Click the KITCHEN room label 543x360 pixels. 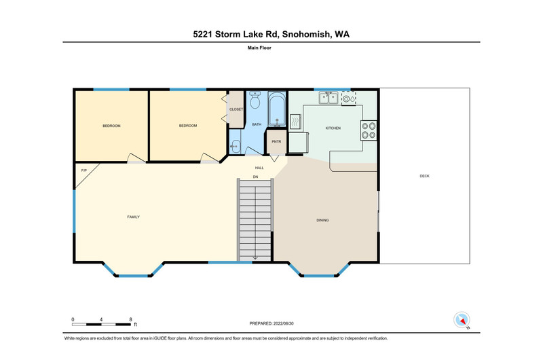[x=333, y=128]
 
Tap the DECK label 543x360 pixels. [x=424, y=176]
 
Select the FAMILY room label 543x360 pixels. [x=133, y=217]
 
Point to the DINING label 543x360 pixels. [x=322, y=220]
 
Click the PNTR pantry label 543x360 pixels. [x=276, y=142]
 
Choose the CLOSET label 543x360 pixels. [x=236, y=109]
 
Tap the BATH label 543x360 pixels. [x=257, y=124]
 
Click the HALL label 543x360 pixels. [x=259, y=168]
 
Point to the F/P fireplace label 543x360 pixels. [x=83, y=170]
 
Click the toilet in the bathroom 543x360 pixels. [x=255, y=100]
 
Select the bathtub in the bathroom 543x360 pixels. [x=277, y=109]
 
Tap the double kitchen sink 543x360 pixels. [x=329, y=98]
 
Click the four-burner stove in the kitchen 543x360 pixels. [x=369, y=130]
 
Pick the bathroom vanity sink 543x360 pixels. [x=235, y=146]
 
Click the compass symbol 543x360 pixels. [x=462, y=319]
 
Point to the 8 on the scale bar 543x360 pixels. [x=130, y=319]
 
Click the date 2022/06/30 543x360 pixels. [x=283, y=323]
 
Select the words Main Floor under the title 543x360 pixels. [x=259, y=48]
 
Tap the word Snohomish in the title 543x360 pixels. [x=306, y=35]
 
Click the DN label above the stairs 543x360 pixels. [x=256, y=177]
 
